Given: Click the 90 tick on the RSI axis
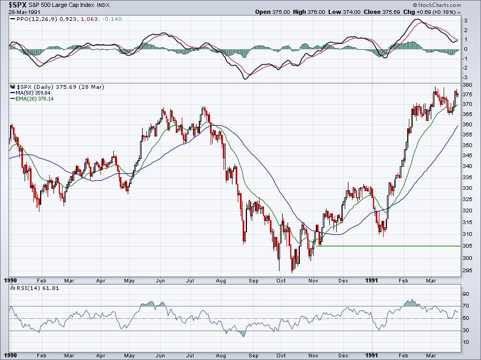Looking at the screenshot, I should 466,294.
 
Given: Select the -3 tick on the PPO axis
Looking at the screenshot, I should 466,77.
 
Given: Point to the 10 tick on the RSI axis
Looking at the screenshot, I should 466,342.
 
